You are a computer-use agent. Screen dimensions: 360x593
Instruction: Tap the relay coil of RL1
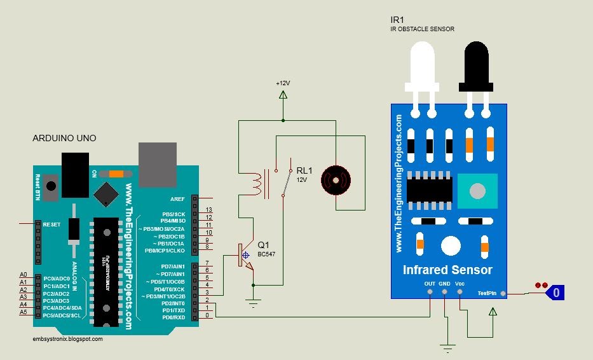point(257,183)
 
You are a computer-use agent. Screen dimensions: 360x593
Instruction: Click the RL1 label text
point(304,170)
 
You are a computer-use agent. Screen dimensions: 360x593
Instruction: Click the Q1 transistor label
point(263,245)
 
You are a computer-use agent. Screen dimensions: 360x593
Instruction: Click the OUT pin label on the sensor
point(430,284)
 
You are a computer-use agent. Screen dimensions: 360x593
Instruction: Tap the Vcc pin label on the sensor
point(460,284)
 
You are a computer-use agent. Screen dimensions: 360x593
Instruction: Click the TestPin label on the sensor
point(488,293)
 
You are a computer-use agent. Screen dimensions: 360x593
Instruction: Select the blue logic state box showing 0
point(556,293)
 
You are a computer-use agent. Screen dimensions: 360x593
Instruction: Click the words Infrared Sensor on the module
point(447,270)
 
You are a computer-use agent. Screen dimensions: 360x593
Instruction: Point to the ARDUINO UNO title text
point(64,138)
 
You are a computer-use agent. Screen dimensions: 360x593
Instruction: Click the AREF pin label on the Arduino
point(177,198)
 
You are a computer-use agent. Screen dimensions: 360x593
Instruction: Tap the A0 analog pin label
point(24,274)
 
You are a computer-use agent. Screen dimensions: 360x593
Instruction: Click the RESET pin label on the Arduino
point(52,224)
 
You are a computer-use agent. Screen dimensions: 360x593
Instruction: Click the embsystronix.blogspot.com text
point(67,339)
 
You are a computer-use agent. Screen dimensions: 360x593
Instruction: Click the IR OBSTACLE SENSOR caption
point(422,29)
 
